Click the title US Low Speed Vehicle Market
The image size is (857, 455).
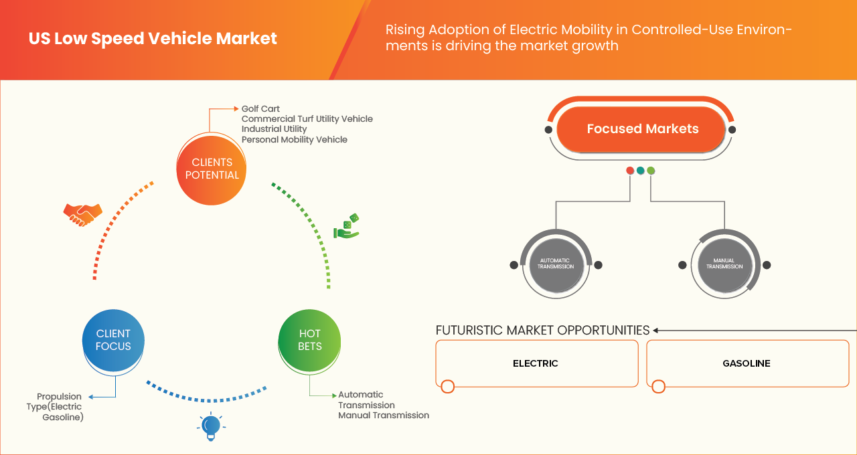[x=153, y=39]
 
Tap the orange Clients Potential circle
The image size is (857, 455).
[x=211, y=169]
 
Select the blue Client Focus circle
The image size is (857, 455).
[x=113, y=340]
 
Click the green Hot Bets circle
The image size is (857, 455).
[x=309, y=340]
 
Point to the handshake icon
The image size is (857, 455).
[x=82, y=214]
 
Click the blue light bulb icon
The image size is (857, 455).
[x=211, y=426]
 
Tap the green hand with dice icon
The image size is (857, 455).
[x=347, y=227]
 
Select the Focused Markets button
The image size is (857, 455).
[x=642, y=129]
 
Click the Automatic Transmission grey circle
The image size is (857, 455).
[x=556, y=264]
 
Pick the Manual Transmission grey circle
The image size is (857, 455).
[x=724, y=264]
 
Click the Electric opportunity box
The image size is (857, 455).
[x=536, y=363]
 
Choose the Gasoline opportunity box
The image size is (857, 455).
[x=747, y=363]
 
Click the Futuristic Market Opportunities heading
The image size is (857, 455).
[x=542, y=330]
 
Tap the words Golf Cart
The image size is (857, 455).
[x=260, y=108]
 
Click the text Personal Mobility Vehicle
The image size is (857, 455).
[x=294, y=139]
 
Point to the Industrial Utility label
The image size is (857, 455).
[x=274, y=128]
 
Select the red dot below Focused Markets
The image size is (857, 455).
[x=630, y=171]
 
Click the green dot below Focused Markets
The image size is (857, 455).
[x=651, y=171]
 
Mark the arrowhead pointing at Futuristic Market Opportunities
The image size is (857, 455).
[x=656, y=330]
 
